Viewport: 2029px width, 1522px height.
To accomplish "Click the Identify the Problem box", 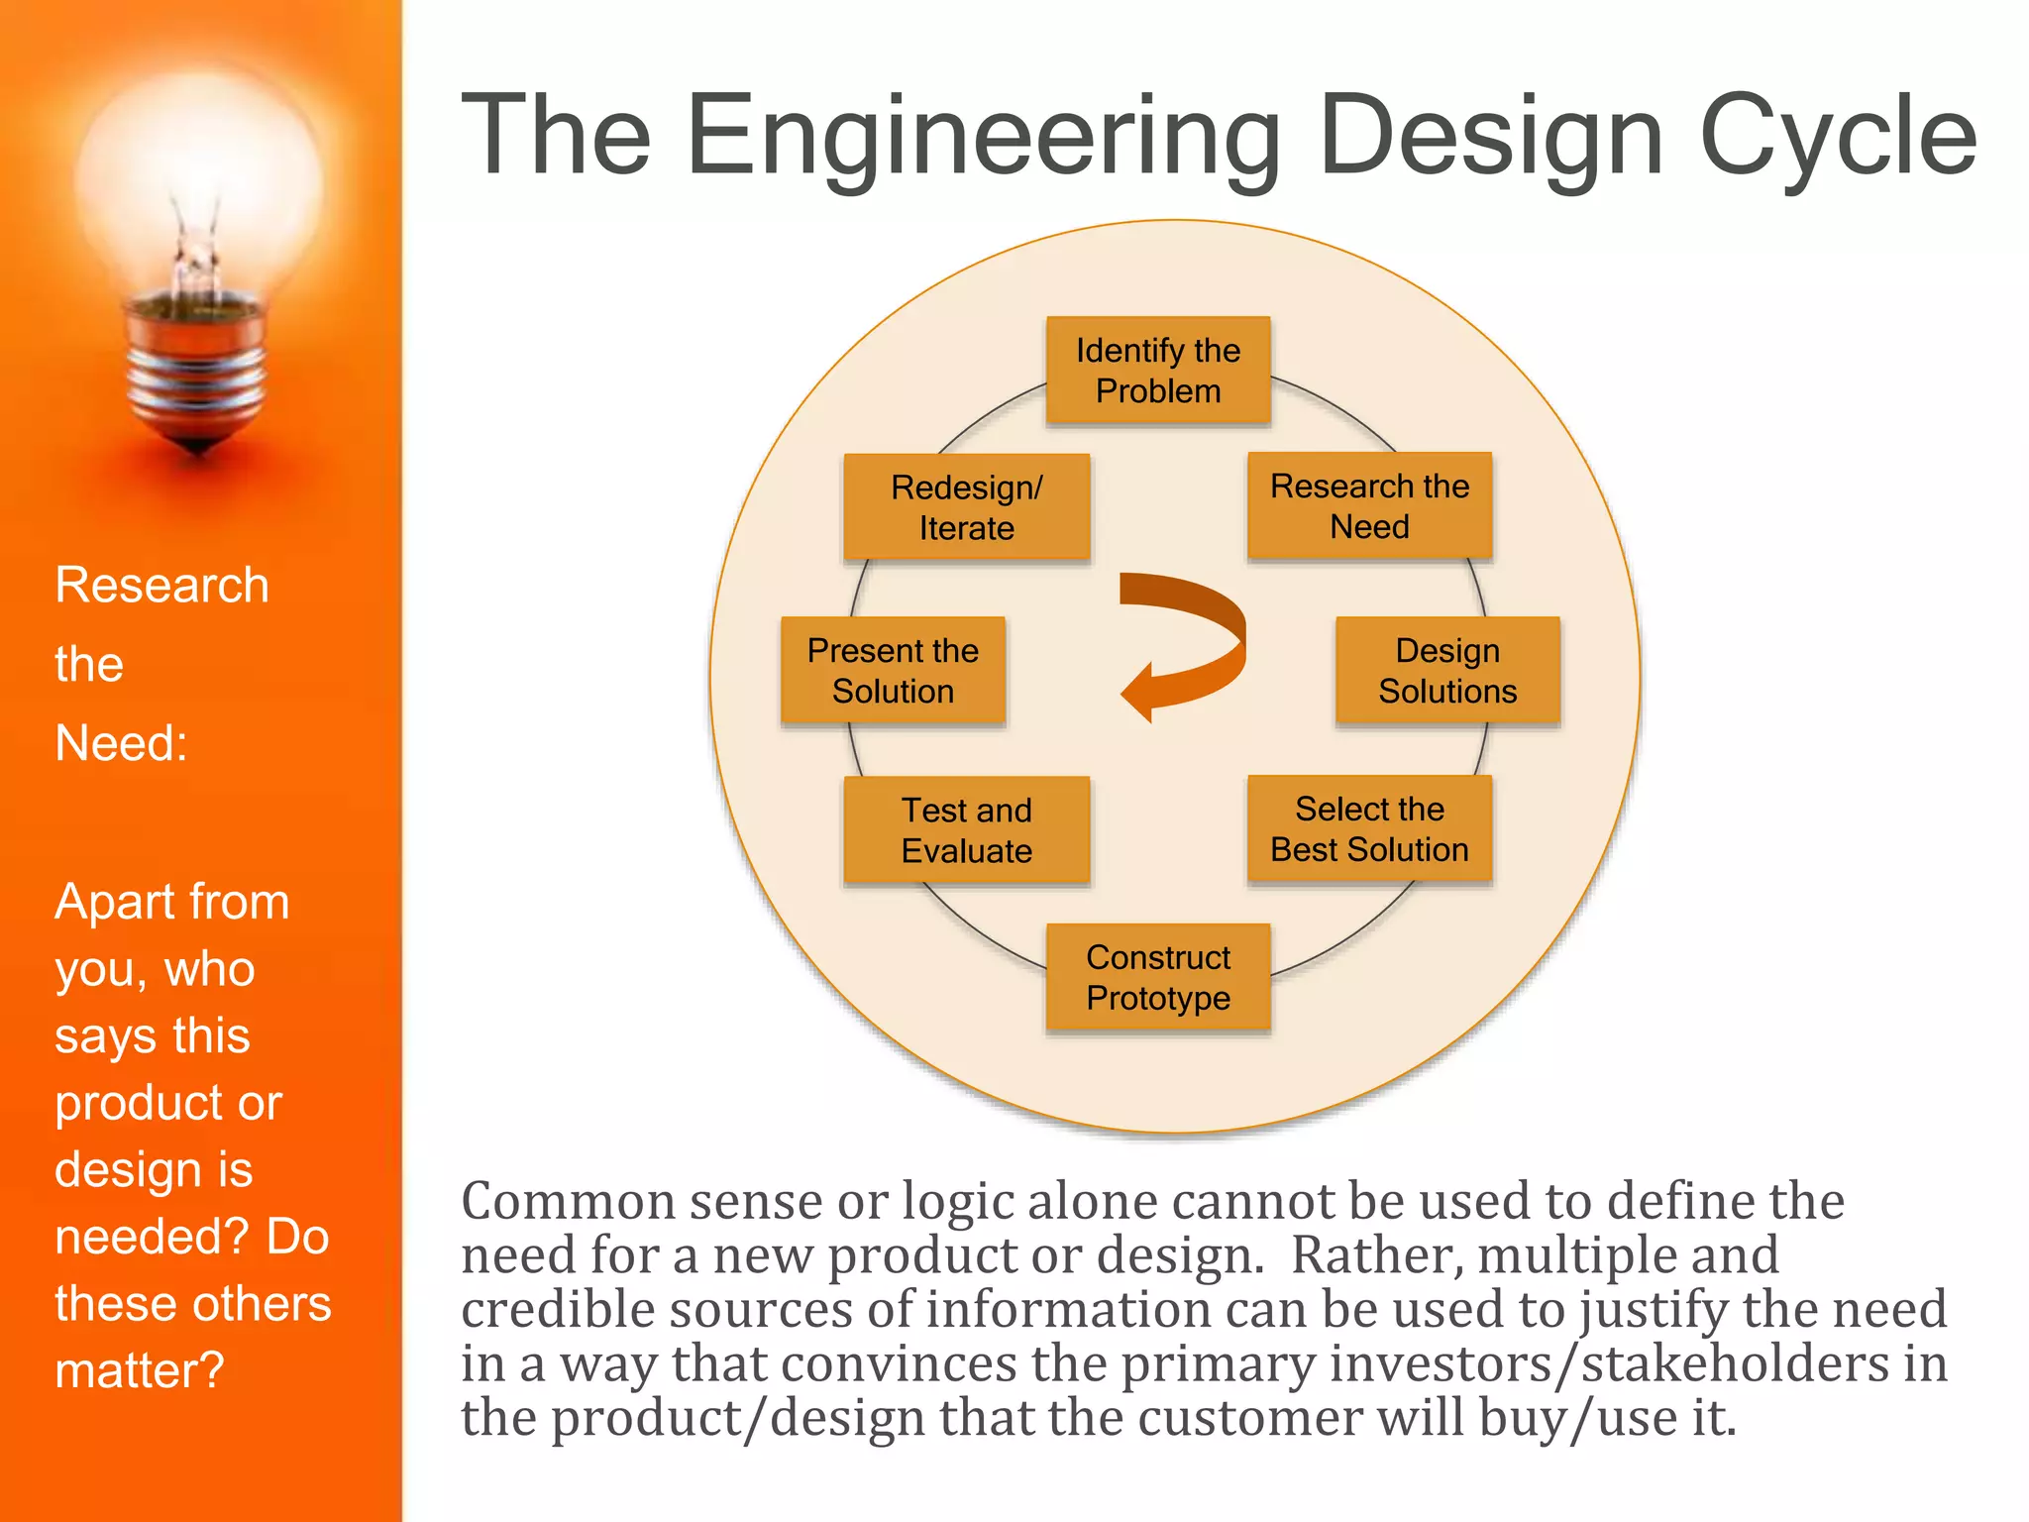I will [1158, 371].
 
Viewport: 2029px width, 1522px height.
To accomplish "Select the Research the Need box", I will [1369, 506].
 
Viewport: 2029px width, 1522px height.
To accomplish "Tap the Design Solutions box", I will [1447, 671].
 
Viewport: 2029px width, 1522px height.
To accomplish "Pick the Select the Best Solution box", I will [1369, 829].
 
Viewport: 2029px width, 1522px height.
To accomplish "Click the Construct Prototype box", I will [1158, 978].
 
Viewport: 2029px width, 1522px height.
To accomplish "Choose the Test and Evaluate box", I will [966, 830].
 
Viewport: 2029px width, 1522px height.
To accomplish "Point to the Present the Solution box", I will [893, 671].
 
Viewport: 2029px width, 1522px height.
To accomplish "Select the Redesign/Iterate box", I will [966, 507].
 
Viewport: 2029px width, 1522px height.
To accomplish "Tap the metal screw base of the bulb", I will [197, 372].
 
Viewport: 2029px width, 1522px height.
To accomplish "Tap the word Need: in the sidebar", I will [121, 743].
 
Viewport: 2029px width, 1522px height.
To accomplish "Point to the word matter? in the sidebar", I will [140, 1370].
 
